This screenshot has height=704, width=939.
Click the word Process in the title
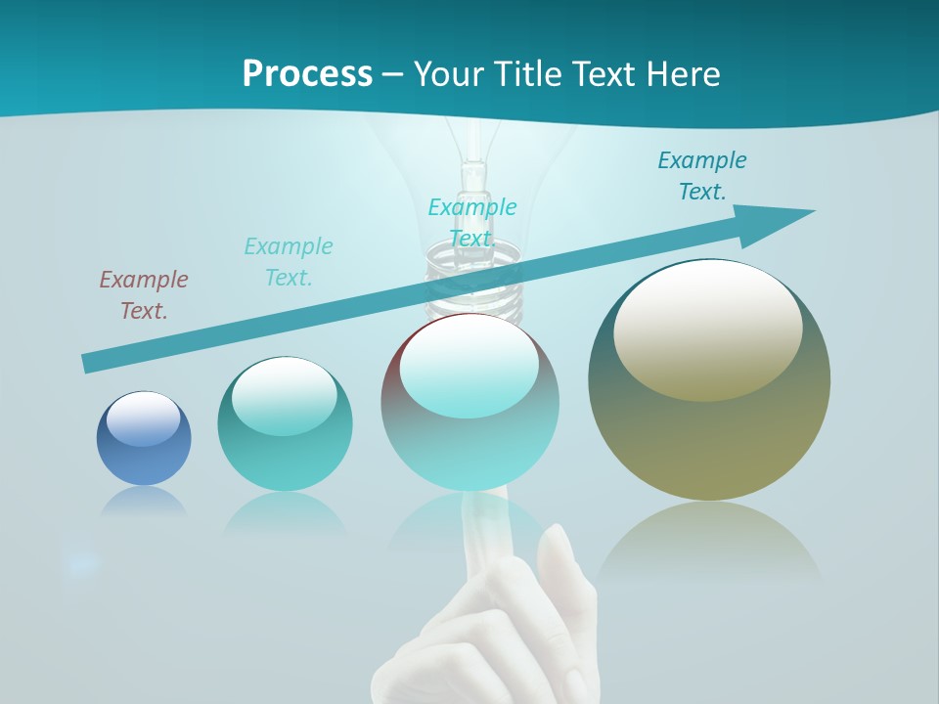pos(307,74)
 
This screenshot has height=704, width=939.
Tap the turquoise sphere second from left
pos(285,430)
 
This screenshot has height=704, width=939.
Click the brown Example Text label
pos(144,295)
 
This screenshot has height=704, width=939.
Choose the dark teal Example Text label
pos(702,176)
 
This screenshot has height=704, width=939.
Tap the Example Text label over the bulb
pos(472,222)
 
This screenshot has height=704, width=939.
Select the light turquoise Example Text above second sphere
pos(289,261)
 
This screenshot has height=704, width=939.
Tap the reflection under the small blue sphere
pos(144,503)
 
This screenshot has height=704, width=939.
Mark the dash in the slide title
pos(392,74)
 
